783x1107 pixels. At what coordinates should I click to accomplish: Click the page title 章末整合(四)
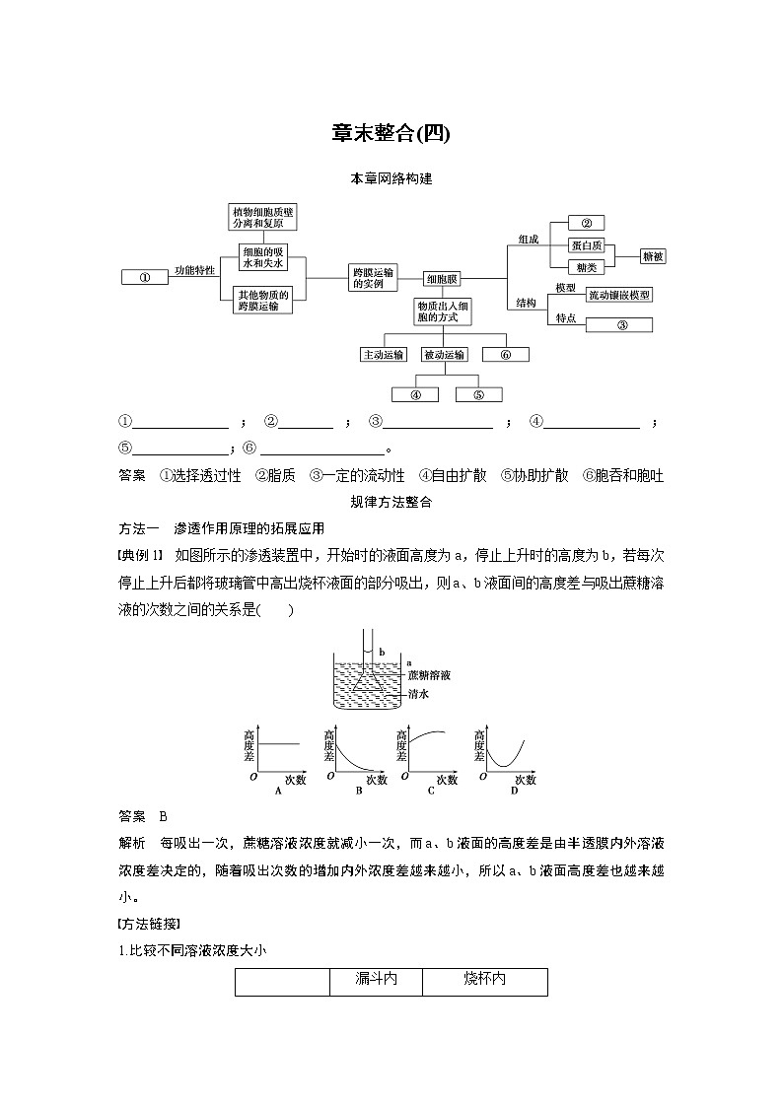pos(391,133)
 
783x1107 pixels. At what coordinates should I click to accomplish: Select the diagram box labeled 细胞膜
pos(441,279)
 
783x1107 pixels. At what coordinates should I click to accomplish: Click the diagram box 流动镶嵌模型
pos(618,295)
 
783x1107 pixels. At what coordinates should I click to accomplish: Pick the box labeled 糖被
pos(652,256)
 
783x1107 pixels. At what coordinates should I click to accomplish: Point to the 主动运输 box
pos(383,355)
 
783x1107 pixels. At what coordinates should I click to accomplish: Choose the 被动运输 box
pos(443,355)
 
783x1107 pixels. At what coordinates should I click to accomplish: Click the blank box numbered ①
pos(144,277)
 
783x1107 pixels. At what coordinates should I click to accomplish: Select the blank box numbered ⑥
pos(505,355)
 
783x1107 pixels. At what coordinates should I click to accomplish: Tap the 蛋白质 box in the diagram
pos(588,245)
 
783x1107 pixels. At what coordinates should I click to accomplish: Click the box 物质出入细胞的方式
pos(443,311)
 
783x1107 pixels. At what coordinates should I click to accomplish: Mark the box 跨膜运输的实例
pos(373,277)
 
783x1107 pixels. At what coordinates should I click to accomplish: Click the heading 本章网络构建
pos(391,179)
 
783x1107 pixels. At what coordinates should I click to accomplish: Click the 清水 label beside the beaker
pos(417,694)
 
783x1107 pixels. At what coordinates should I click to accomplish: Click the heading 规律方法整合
pos(391,502)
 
